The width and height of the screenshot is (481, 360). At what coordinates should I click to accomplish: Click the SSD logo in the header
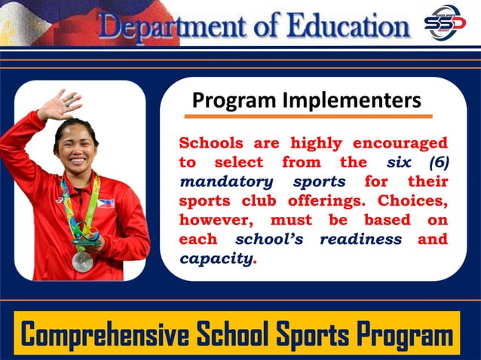click(x=445, y=23)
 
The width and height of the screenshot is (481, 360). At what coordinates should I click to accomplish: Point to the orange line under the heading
click(x=308, y=117)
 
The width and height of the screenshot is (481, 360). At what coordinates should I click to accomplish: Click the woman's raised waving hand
click(x=59, y=105)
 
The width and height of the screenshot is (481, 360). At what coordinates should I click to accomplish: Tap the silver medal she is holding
click(x=82, y=261)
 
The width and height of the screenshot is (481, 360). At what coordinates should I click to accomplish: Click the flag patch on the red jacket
click(x=107, y=203)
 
